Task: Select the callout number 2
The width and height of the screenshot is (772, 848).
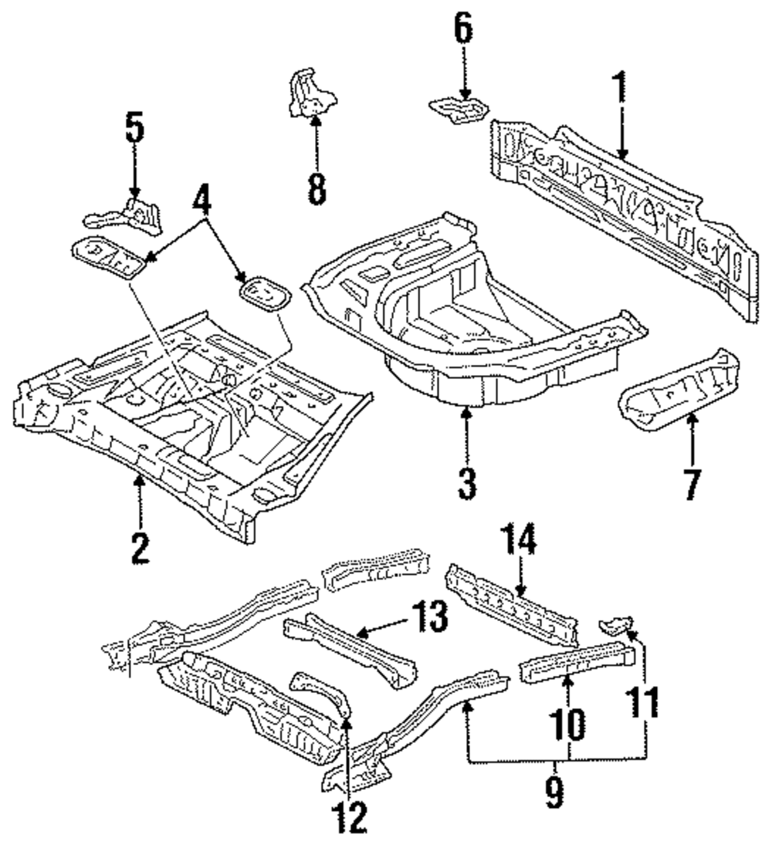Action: (x=140, y=547)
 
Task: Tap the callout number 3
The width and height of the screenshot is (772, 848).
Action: (x=467, y=483)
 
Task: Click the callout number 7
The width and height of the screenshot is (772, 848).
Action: (x=692, y=485)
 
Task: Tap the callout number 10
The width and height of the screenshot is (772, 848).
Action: (x=568, y=724)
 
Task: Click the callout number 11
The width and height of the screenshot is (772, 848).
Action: (x=645, y=701)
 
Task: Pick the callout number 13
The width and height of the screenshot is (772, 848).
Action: (x=429, y=616)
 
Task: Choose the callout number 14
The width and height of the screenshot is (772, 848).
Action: (x=518, y=539)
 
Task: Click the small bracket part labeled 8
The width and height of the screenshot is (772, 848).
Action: (x=310, y=93)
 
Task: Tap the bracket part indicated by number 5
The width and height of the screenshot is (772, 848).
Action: (x=124, y=216)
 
